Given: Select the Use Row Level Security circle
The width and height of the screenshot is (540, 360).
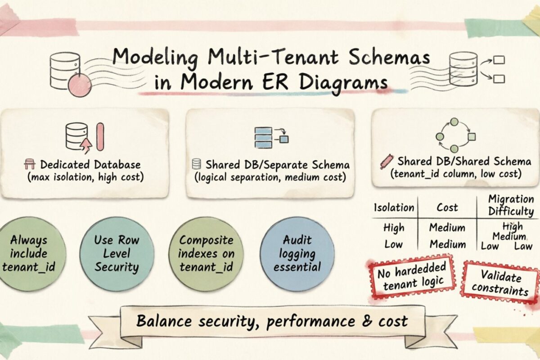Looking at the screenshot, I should click(x=117, y=253).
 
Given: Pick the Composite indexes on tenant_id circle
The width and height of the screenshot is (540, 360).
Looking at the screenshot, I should click(x=206, y=253).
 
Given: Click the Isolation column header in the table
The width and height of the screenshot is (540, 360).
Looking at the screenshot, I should click(x=394, y=207).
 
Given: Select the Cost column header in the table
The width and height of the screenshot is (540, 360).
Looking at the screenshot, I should click(x=447, y=207).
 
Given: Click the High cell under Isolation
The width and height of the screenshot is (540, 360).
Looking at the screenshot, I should click(x=394, y=228).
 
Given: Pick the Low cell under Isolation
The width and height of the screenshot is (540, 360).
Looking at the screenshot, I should click(x=394, y=244).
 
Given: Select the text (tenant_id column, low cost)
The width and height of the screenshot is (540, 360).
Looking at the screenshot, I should click(x=455, y=173).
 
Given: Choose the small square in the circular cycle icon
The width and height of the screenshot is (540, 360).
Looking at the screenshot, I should click(x=471, y=136).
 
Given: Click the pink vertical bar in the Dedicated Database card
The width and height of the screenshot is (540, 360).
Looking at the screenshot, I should click(x=100, y=137).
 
